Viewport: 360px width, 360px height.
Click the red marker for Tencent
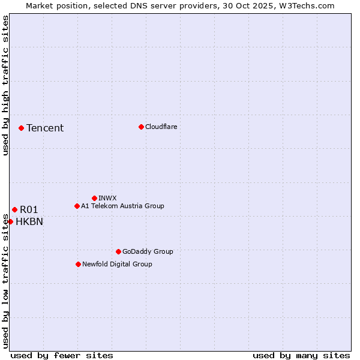coord(21,128)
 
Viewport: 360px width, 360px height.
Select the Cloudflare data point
coord(141,127)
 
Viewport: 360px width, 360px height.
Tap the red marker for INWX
coord(94,198)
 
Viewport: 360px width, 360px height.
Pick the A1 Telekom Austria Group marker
coord(77,206)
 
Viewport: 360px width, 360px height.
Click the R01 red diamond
coord(14,209)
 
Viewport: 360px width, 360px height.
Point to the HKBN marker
coord(10,221)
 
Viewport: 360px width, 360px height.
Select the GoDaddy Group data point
coord(118,251)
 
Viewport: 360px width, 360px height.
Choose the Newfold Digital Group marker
coord(78,264)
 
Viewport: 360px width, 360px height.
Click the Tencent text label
coord(45,128)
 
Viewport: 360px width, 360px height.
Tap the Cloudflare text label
coord(161,127)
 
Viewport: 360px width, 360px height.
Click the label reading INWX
coord(108,198)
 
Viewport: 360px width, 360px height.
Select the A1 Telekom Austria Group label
coord(123,206)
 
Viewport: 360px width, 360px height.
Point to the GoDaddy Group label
coord(148,251)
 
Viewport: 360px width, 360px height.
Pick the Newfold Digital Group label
coord(118,264)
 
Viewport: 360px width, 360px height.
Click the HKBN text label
coord(29,221)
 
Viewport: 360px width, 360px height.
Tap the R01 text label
coord(29,209)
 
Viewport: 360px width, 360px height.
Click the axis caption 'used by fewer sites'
coord(62,355)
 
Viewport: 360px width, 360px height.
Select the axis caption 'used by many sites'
coord(301,355)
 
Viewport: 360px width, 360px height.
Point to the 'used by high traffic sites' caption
coord(5,86)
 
